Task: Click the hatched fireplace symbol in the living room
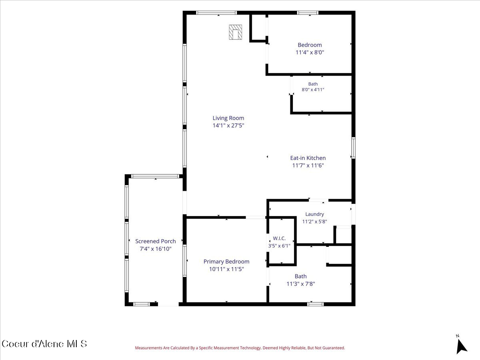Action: [x=235, y=32]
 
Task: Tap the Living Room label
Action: [x=228, y=118]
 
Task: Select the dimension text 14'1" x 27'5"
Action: [x=228, y=126]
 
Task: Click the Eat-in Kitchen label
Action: [x=308, y=158]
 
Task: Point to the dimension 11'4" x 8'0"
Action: [x=310, y=52]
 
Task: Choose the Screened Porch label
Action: [x=156, y=241]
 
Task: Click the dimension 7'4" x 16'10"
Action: [x=156, y=249]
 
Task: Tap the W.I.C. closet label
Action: [x=279, y=238]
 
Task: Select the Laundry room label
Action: [x=314, y=214]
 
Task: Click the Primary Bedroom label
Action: [x=226, y=262]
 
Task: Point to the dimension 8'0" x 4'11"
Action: [x=313, y=90]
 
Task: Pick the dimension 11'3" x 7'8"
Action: [x=301, y=284]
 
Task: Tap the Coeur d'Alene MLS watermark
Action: [x=44, y=344]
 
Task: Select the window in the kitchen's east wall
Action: [x=353, y=148]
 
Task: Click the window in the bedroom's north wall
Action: [x=308, y=13]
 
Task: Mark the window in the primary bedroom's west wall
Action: [x=184, y=260]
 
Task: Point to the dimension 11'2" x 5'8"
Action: [x=314, y=222]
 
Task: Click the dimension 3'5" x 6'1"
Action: [x=279, y=246]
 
